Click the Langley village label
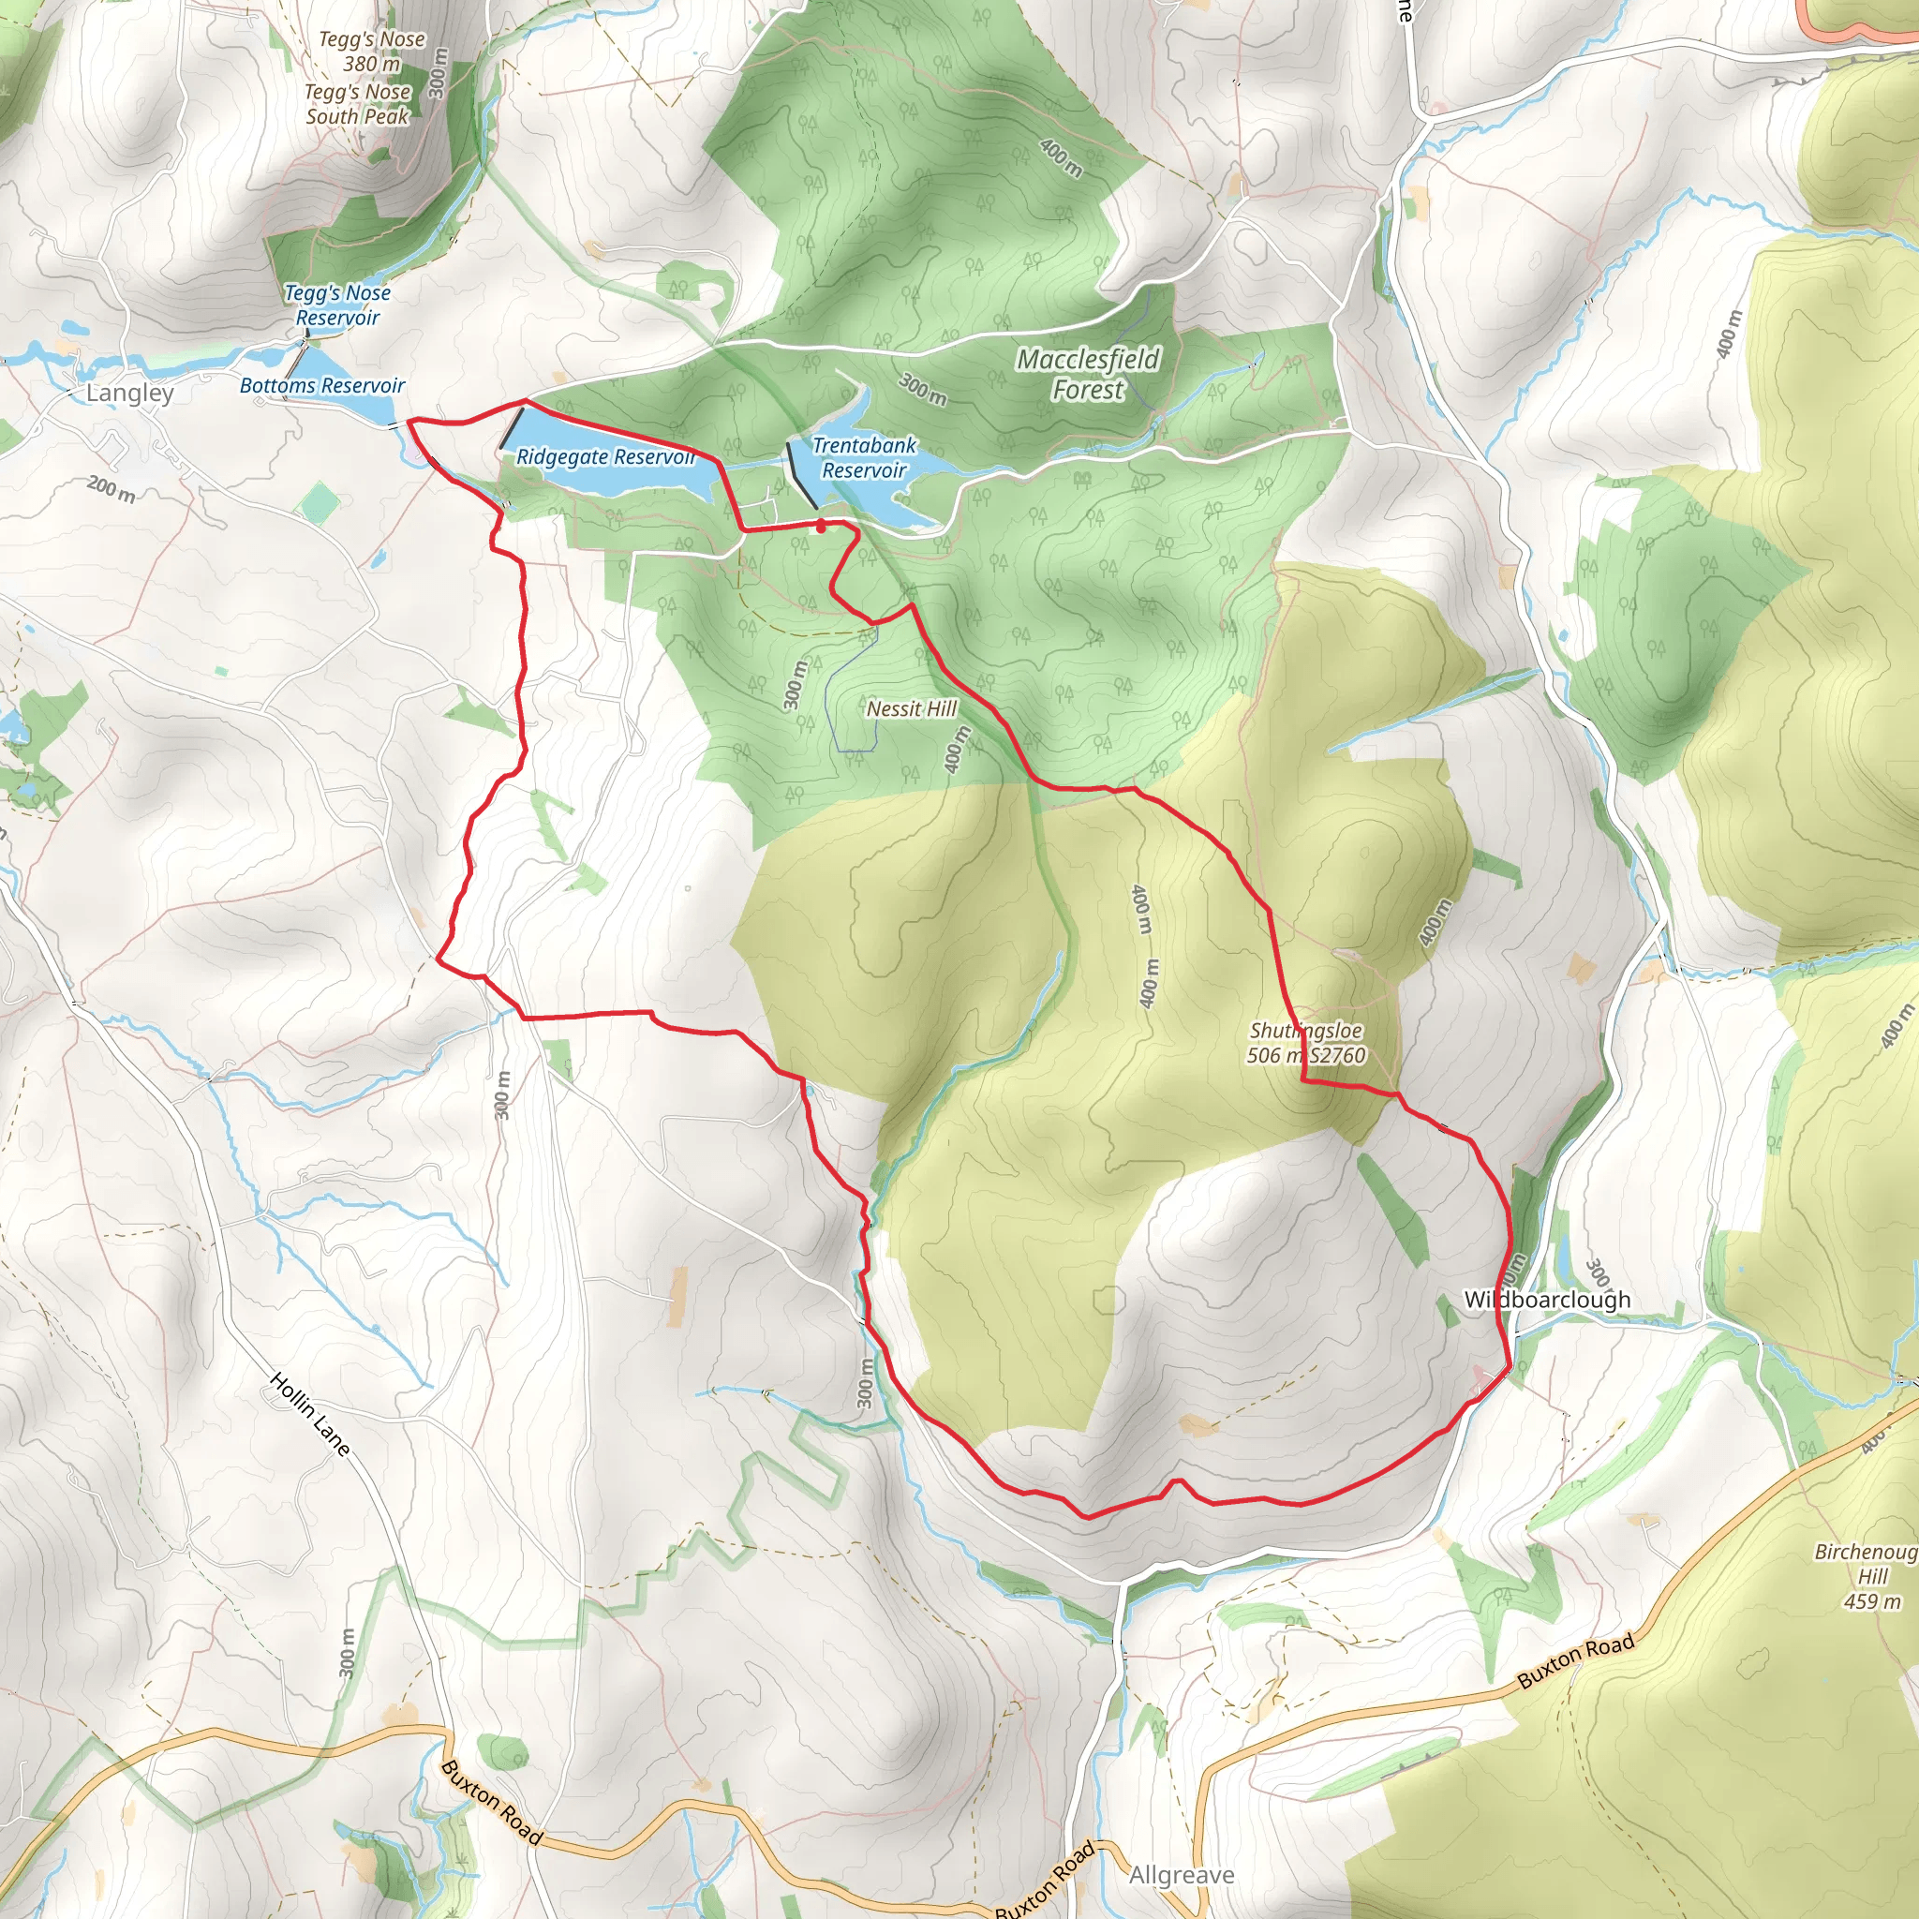pos(129,394)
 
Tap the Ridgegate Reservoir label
pos(605,457)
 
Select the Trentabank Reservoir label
pos(863,458)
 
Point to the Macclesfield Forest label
pos(1088,375)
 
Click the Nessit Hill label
pos(911,708)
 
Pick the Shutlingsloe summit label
pos(1305,1031)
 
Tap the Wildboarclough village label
pos(1546,1300)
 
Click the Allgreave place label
pos(1181,1874)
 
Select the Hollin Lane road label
pos(310,1414)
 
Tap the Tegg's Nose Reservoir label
pos(337,305)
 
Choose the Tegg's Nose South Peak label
pos(358,104)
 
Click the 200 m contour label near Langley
pos(112,489)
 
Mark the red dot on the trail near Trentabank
pos(821,527)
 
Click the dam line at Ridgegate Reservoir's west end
pos(512,429)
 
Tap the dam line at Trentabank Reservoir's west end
pos(800,476)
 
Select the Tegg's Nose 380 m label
pos(371,52)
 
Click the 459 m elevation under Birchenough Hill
pos(1871,1601)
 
